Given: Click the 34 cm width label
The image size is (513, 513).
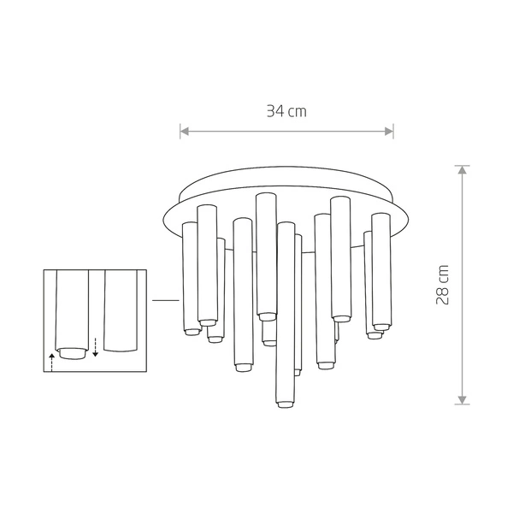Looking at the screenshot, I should click(286, 111).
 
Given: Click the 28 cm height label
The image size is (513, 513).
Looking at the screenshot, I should click(443, 285).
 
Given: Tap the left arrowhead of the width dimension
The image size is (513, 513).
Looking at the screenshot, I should click(183, 131).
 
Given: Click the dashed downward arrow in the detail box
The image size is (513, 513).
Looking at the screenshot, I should click(96, 346).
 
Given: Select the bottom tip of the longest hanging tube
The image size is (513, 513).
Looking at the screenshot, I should click(285, 404).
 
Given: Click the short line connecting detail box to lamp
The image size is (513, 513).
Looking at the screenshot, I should click(163, 300).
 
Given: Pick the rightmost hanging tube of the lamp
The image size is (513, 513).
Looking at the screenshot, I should click(380, 274).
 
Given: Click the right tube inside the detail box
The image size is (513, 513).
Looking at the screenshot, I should click(119, 312).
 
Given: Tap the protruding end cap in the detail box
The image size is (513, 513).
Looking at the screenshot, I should click(72, 352).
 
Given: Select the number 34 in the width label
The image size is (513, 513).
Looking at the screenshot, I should click(274, 111).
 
